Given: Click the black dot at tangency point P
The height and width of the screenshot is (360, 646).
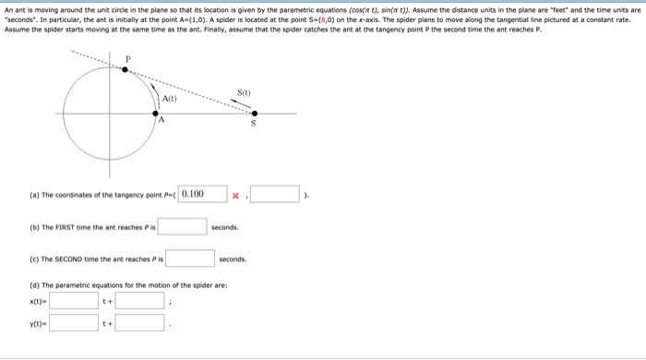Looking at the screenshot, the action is [127, 68].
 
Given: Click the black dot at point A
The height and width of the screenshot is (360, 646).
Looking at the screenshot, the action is [155, 114].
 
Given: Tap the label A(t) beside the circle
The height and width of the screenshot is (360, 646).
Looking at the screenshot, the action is [169, 99].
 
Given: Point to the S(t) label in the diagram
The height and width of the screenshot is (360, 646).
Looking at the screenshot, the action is [244, 92].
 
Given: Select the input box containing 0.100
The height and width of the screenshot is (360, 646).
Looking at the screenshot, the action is [203, 194].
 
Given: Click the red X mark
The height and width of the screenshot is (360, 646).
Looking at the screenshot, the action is [236, 196].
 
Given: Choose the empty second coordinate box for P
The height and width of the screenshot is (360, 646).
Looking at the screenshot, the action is [275, 194].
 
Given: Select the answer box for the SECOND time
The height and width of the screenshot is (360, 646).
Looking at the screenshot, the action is [190, 258].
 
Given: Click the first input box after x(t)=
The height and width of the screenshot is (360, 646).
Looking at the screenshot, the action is [74, 299].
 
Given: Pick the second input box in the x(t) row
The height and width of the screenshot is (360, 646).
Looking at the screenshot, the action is [140, 299].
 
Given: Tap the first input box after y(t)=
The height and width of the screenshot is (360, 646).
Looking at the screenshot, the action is [74, 323].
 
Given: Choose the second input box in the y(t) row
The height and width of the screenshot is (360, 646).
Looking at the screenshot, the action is [140, 323].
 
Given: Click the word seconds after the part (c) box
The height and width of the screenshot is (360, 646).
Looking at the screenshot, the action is [233, 259].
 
